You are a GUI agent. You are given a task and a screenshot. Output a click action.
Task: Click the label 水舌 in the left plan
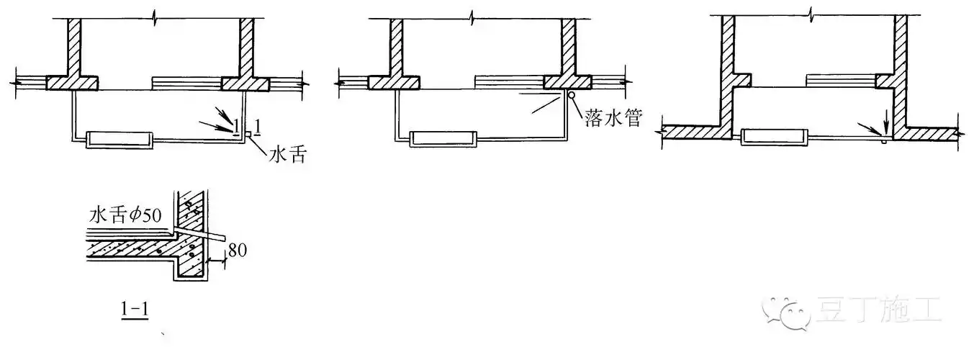287,154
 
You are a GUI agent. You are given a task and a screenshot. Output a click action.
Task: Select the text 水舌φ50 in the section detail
125,215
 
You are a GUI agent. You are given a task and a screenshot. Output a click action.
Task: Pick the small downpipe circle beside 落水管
571,94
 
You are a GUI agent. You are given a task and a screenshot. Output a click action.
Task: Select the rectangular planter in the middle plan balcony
443,139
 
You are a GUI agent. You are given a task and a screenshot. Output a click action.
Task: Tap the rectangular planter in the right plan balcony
774,136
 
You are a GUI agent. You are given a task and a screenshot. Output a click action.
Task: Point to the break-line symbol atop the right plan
811,13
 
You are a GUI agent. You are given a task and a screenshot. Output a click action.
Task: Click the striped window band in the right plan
841,78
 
